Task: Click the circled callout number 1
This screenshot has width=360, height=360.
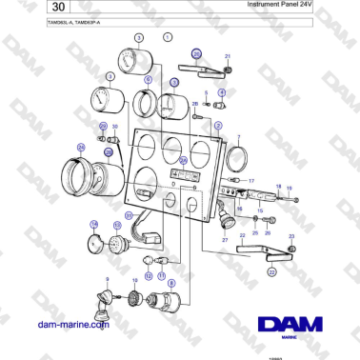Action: (168, 37)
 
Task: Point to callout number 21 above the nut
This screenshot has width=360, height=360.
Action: (228, 57)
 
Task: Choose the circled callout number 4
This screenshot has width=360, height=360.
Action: (222, 93)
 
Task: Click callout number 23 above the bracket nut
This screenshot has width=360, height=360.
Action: (291, 235)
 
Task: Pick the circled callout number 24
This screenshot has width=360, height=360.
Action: (81, 148)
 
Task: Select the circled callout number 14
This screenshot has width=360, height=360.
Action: (93, 226)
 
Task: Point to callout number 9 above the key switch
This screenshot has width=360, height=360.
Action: (106, 278)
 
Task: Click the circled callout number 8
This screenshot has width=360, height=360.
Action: (171, 284)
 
